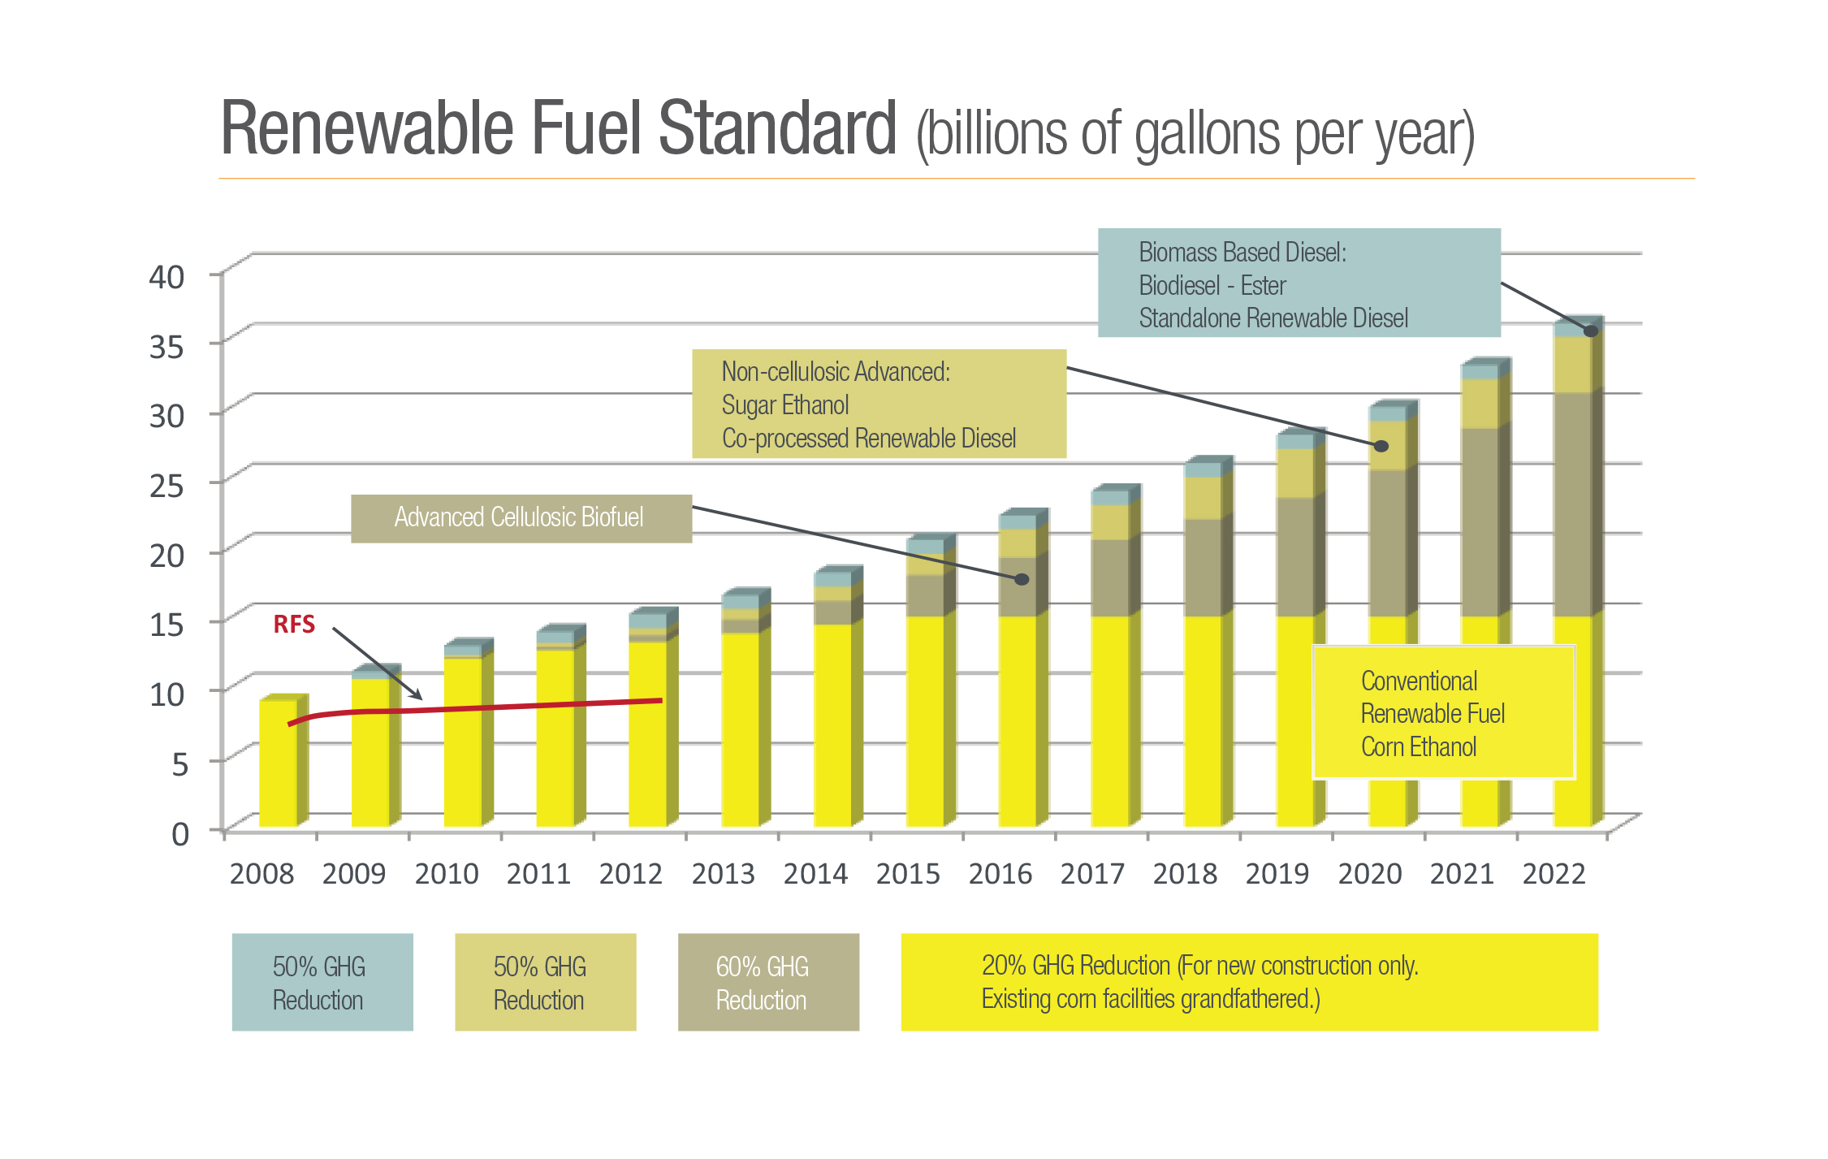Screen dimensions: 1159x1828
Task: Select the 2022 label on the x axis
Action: click(x=1554, y=874)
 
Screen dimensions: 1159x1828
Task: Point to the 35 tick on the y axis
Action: click(x=166, y=347)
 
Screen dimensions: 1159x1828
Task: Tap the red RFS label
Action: click(x=294, y=625)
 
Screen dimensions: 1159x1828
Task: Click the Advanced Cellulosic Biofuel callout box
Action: click(x=521, y=518)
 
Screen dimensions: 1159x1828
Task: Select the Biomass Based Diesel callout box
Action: click(x=1298, y=283)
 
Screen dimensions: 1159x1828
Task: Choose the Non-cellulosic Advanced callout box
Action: click(x=878, y=404)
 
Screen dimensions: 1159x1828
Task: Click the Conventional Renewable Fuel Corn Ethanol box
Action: click(x=1443, y=713)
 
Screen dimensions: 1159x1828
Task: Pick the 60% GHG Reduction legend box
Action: click(x=767, y=982)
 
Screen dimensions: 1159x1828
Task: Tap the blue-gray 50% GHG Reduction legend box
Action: click(x=322, y=982)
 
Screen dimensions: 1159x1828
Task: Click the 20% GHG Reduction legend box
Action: click(x=1248, y=982)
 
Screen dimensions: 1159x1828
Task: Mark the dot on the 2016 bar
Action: click(x=1022, y=579)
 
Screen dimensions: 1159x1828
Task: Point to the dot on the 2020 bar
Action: click(x=1381, y=446)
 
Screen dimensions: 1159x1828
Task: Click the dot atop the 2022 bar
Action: click(x=1591, y=331)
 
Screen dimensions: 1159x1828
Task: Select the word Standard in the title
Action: click(x=776, y=128)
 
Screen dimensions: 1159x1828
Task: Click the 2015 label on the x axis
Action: click(x=907, y=874)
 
